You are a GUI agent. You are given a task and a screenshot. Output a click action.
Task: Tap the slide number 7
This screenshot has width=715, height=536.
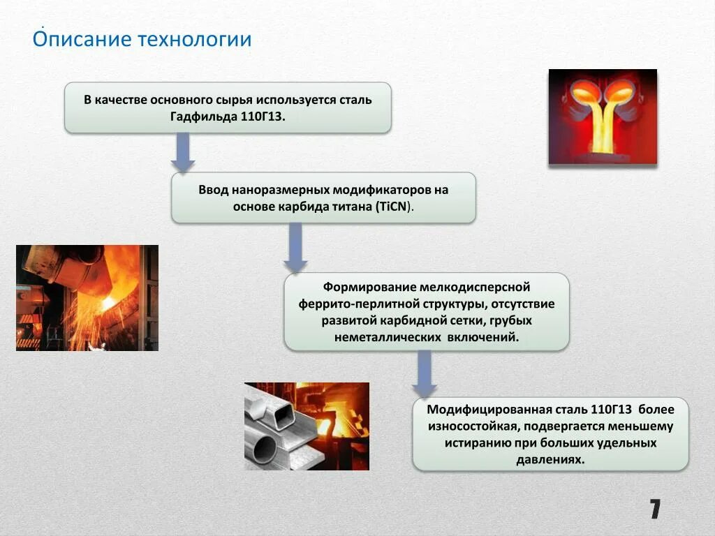654,509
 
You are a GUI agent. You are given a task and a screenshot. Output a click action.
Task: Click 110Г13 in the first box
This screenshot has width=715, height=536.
263,116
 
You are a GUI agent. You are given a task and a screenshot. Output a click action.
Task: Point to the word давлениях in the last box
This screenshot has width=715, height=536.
550,460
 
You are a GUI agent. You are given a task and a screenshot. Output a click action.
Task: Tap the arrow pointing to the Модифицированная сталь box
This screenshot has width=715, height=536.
424,374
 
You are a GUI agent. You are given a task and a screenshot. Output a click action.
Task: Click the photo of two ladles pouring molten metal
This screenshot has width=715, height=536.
603,117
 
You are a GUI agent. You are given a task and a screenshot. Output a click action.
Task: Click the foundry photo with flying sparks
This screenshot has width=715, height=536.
87,297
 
